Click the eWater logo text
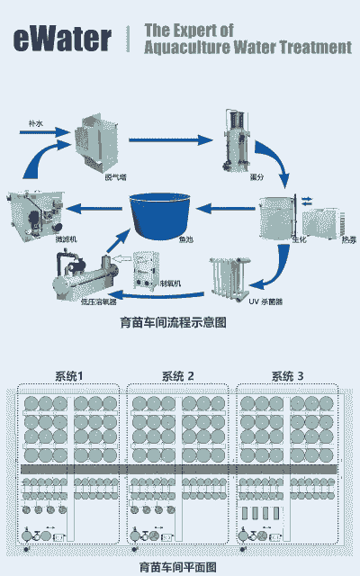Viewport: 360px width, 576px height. pos(62,39)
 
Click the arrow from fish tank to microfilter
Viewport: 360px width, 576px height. pos(95,210)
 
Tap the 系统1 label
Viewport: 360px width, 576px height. pos(69,375)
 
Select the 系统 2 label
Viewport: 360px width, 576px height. pos(178,375)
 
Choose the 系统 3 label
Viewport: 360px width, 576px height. pos(288,375)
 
